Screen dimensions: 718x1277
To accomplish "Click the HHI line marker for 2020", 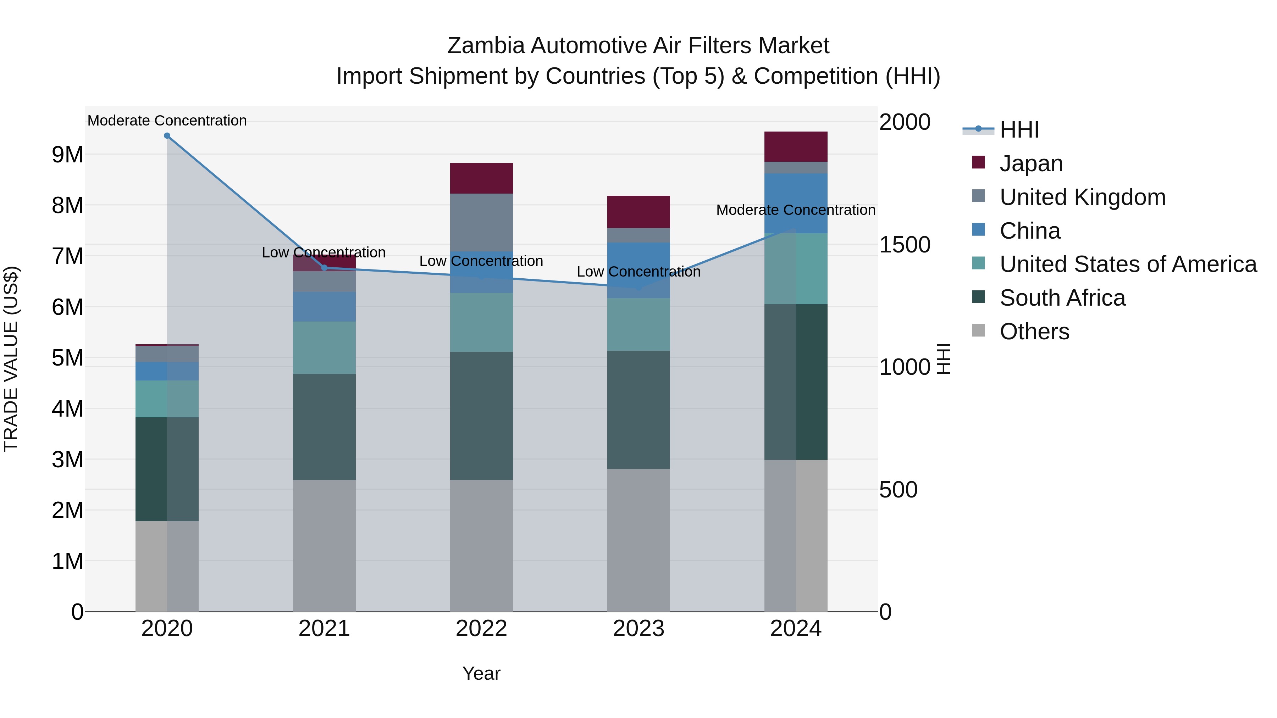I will coord(167,136).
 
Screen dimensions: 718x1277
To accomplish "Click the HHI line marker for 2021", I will coord(324,268).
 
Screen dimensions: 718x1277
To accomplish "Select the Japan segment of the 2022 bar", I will coord(481,178).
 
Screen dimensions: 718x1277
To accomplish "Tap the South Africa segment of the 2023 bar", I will coord(638,410).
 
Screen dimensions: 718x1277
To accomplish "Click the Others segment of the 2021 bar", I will coord(324,545).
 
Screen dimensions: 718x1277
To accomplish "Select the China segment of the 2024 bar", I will coord(796,203).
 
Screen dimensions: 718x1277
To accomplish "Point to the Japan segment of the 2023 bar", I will coord(638,212).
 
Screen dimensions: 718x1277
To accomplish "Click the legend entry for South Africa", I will coord(1062,298).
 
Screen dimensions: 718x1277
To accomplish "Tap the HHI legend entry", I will coord(1019,130).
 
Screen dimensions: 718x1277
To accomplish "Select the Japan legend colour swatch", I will coord(978,162).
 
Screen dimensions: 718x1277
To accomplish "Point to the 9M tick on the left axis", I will coord(67,155).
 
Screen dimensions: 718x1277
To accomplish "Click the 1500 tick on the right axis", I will coord(904,245).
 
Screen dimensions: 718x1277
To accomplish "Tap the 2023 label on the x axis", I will coord(638,629).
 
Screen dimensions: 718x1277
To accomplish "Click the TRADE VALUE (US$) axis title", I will coord(11,359).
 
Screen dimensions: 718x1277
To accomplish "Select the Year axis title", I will coord(481,673).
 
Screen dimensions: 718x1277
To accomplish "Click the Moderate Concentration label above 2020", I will coord(167,121).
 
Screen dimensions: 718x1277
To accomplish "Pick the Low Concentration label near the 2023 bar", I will coord(638,272).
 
